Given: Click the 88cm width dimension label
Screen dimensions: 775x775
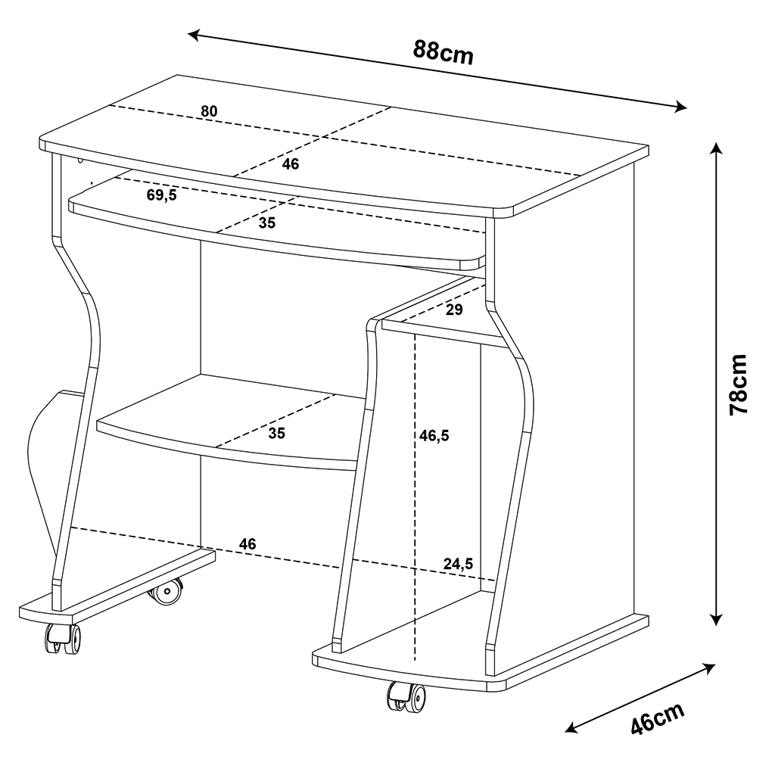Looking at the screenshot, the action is (444, 52).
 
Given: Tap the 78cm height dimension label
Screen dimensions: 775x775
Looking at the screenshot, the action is (739, 384).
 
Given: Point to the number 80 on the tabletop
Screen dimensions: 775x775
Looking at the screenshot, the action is (209, 111).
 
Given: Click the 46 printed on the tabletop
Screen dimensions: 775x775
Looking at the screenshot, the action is (291, 163).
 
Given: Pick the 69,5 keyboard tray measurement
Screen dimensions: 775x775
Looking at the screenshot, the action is (162, 195).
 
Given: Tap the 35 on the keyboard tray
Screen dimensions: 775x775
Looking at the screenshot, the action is (267, 223).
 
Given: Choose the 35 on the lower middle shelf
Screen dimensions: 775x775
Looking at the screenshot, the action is (277, 433).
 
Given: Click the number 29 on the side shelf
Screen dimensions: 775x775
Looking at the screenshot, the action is (454, 310).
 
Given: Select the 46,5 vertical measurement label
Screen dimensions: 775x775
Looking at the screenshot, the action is (434, 435).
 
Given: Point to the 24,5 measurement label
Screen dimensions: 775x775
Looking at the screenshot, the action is (458, 563).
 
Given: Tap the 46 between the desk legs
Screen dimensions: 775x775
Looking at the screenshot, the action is (247, 543).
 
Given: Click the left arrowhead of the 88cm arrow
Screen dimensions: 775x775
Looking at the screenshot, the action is (194, 35).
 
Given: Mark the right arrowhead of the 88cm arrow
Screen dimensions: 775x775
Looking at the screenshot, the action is (680, 106).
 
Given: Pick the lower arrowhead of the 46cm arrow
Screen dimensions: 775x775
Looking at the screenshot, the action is (572, 727).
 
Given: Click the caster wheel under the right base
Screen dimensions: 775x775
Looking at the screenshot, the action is (406, 697).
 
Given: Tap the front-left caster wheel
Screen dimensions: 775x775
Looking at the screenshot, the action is (63, 639).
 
